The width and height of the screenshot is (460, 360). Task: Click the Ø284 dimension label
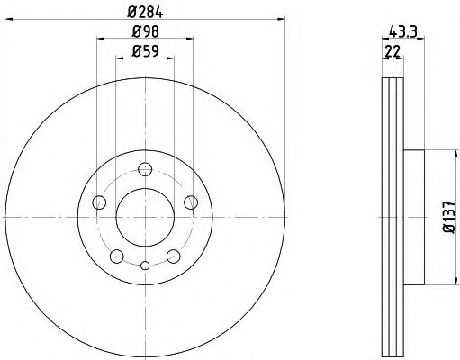[145, 12]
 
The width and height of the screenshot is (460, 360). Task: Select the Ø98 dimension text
[145, 31]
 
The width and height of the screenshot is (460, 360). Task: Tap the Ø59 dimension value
[145, 50]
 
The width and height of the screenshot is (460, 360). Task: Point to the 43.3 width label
[403, 31]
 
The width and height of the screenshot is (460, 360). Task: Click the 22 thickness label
[392, 51]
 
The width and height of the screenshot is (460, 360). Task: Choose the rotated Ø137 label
[449, 217]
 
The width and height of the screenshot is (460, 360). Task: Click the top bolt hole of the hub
[145, 169]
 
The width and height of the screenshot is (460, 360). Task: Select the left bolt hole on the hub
[99, 202]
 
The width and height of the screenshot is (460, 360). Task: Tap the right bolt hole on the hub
[191, 202]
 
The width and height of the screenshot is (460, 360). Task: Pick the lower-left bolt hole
[117, 256]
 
